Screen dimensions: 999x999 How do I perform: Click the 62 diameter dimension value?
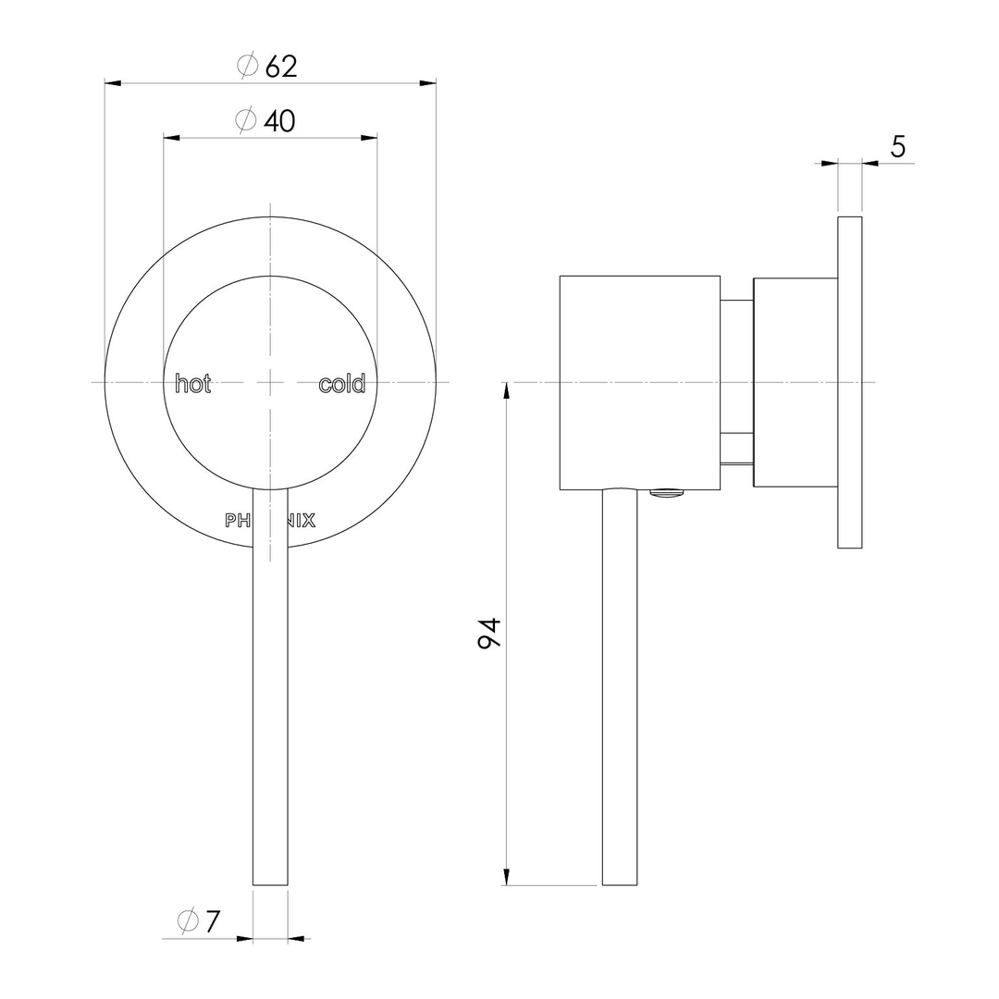tap(281, 67)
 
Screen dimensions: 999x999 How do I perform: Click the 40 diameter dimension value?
tap(279, 121)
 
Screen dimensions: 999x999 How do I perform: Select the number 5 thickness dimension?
tap(897, 146)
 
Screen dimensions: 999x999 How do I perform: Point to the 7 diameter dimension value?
tap(213, 921)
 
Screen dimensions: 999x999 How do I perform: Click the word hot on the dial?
tap(193, 384)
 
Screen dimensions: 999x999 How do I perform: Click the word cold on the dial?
tap(342, 384)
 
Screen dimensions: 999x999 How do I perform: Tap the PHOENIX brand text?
tap(270, 521)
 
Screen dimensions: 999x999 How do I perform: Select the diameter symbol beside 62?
tap(247, 67)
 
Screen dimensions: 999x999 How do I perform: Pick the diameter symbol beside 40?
tap(245, 121)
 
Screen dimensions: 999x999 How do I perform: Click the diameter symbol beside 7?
tap(187, 921)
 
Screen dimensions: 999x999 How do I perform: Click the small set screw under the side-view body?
tap(668, 494)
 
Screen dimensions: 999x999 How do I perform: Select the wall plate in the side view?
tap(850, 382)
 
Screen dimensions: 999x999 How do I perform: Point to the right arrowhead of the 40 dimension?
tap(369, 138)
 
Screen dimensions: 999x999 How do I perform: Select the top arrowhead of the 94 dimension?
tap(506, 390)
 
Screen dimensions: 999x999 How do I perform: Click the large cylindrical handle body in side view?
tap(639, 382)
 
